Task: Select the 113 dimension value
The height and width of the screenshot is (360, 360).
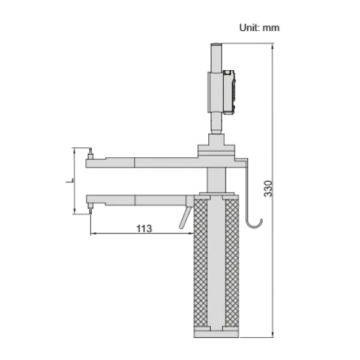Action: point(143,228)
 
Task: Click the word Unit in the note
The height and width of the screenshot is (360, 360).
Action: point(249,27)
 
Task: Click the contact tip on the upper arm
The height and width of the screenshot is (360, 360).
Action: point(90,153)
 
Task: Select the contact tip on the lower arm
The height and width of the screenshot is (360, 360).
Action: point(90,207)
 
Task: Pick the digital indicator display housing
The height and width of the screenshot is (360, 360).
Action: point(228,91)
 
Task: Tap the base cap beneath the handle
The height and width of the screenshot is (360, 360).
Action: point(216,333)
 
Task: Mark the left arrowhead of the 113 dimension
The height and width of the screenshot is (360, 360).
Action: point(92,233)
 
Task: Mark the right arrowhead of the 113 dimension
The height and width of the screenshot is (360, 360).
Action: point(191,233)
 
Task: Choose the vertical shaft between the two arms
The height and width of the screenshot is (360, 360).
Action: point(216,180)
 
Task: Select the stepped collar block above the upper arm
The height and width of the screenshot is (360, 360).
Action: point(216,145)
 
